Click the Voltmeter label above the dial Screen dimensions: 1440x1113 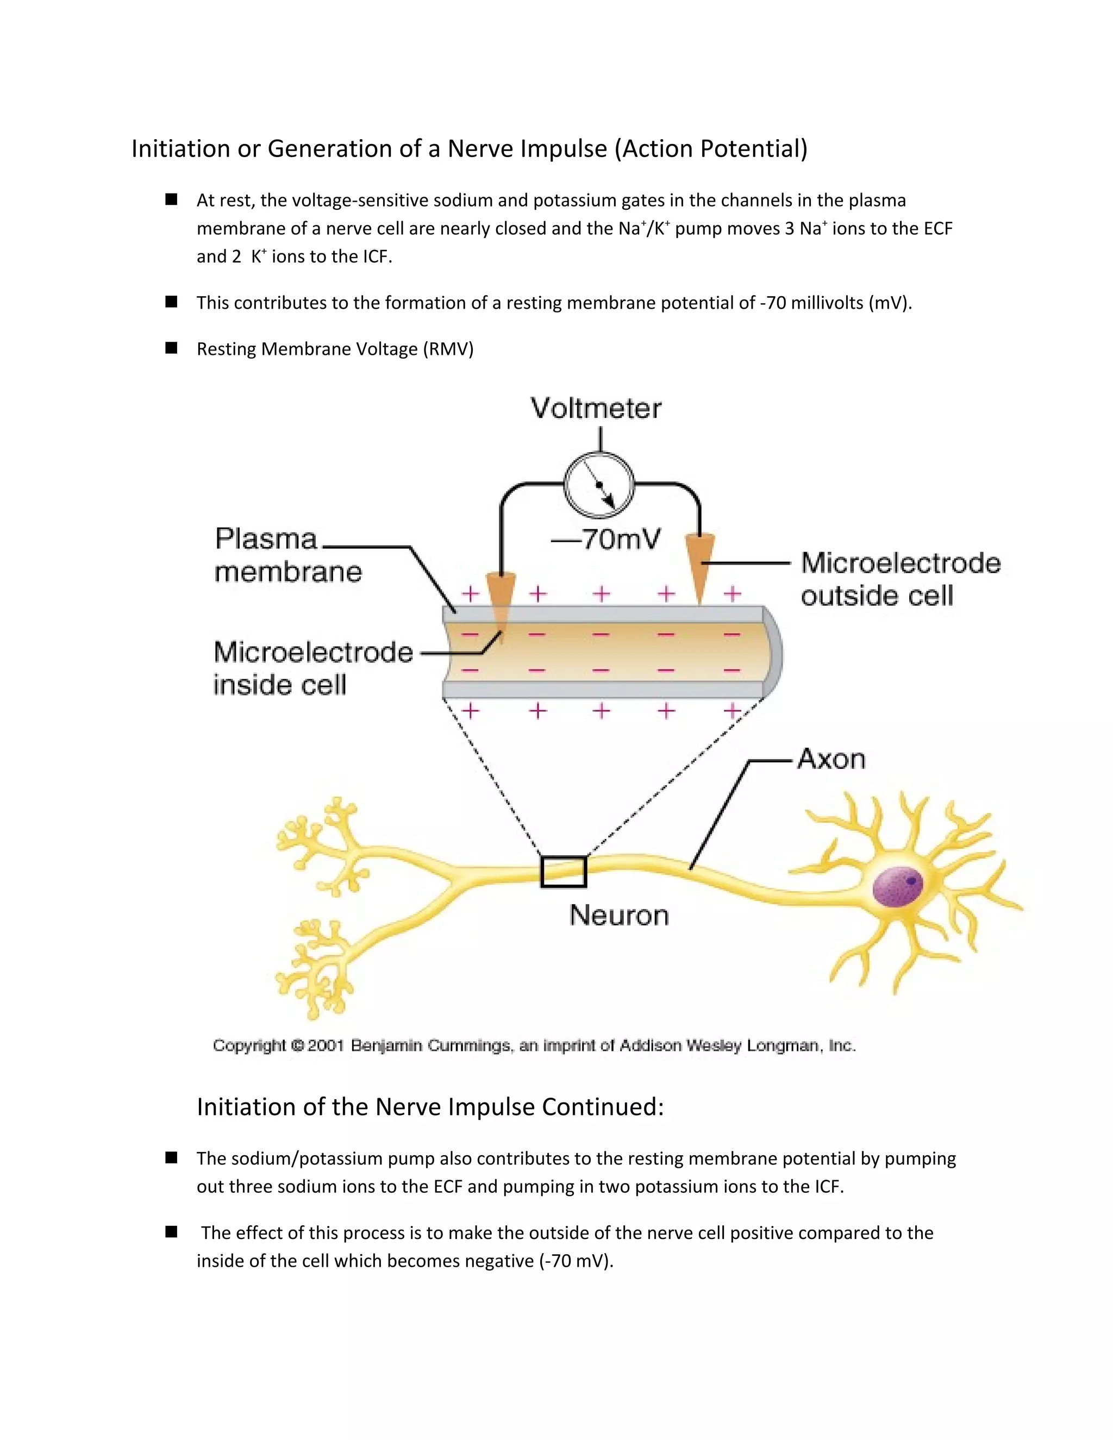[x=596, y=409]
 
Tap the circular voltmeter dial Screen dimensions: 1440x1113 [x=599, y=485]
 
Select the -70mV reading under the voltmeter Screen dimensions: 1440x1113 [x=605, y=540]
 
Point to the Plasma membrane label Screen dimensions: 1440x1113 [x=288, y=555]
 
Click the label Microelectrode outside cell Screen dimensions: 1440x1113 [x=900, y=579]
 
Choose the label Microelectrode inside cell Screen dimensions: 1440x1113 [x=312, y=668]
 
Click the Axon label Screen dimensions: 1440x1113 [x=831, y=759]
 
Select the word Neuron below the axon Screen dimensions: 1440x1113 [x=618, y=915]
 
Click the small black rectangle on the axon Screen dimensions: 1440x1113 [x=563, y=872]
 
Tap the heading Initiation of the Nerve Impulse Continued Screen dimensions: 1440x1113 [x=430, y=1106]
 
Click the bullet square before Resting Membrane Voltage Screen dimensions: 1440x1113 [x=171, y=348]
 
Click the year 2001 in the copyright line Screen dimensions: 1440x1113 [x=326, y=1045]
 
